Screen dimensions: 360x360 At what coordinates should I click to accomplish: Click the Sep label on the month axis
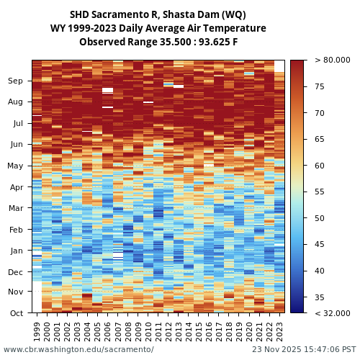tap(15, 81)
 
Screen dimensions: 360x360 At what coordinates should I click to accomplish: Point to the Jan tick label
tap(15, 251)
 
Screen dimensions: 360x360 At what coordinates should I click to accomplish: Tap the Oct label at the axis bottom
tap(15, 313)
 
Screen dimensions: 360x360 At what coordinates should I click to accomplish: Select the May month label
tap(15, 166)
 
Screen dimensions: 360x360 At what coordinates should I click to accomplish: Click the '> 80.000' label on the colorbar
tap(333, 60)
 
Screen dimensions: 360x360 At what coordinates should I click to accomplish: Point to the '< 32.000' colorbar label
tap(333, 313)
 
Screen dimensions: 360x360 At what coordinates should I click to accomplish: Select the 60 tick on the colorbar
tap(320, 166)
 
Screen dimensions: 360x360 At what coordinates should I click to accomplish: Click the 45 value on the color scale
tap(320, 244)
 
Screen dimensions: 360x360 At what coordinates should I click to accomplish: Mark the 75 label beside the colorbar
tap(320, 86)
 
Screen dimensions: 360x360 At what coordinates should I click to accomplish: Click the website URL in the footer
tap(78, 349)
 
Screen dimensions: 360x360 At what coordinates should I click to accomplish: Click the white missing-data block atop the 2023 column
tap(279, 66)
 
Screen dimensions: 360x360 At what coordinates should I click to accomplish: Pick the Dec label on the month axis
tap(15, 272)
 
